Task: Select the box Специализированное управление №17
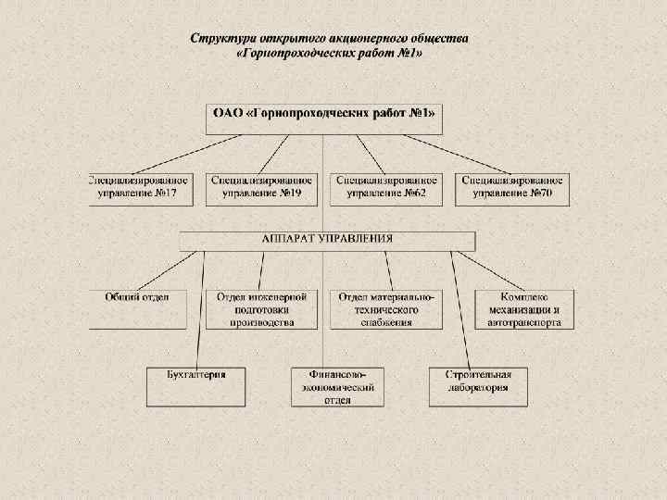(140, 188)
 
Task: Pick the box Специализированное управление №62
(386, 188)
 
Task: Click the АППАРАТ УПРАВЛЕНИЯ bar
(327, 240)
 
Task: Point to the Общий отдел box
(137, 309)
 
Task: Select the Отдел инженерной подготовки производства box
(262, 309)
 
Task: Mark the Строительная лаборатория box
(478, 386)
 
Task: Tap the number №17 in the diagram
(165, 194)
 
